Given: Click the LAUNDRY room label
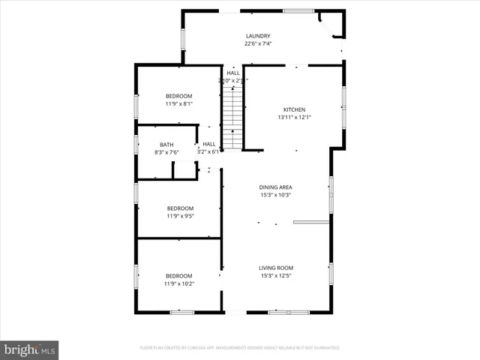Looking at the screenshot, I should click(258, 36).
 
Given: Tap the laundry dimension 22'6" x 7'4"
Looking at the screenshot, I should click(258, 43).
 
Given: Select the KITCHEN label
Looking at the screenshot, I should click(294, 109).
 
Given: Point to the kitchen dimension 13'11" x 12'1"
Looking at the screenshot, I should click(294, 117).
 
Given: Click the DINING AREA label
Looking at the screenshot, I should click(275, 187).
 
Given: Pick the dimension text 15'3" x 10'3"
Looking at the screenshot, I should click(275, 195).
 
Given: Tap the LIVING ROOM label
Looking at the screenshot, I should click(275, 268).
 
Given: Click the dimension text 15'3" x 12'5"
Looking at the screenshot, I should click(275, 275).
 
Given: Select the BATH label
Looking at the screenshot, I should click(166, 145).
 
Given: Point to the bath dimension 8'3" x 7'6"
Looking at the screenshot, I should click(166, 152).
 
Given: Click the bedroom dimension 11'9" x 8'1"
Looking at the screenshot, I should click(179, 103).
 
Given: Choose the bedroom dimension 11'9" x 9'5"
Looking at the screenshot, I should click(179, 216).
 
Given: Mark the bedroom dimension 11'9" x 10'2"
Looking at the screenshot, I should click(179, 283).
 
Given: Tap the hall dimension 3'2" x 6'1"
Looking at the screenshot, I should click(208, 151).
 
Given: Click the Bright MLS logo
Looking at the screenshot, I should click(29, 349).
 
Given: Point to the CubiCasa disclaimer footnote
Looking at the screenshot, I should click(240, 348).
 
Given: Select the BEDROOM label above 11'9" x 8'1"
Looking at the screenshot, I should click(179, 96).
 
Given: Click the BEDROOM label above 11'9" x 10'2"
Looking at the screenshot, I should click(179, 276).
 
